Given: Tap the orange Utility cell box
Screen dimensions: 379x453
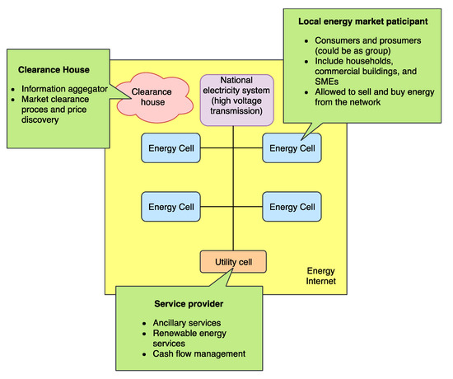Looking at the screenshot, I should [233, 262].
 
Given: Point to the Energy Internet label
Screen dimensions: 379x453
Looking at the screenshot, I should [320, 278].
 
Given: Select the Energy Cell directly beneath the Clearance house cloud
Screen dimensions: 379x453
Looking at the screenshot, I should [171, 149].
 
